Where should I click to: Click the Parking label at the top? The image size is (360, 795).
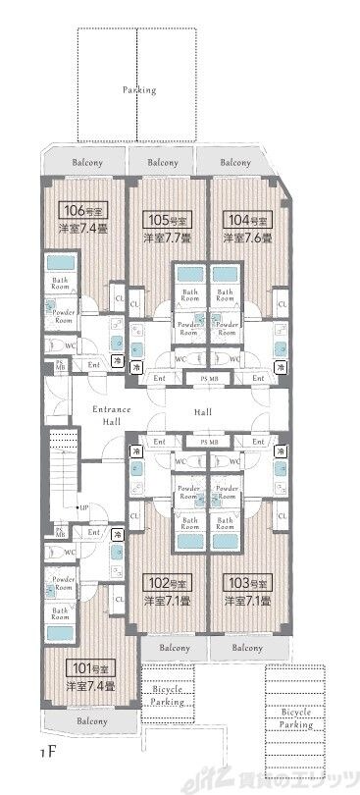click(138, 89)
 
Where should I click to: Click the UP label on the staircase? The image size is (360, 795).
click(85, 507)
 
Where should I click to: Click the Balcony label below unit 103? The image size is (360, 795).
click(247, 648)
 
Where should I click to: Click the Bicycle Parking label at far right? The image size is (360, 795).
click(297, 717)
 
